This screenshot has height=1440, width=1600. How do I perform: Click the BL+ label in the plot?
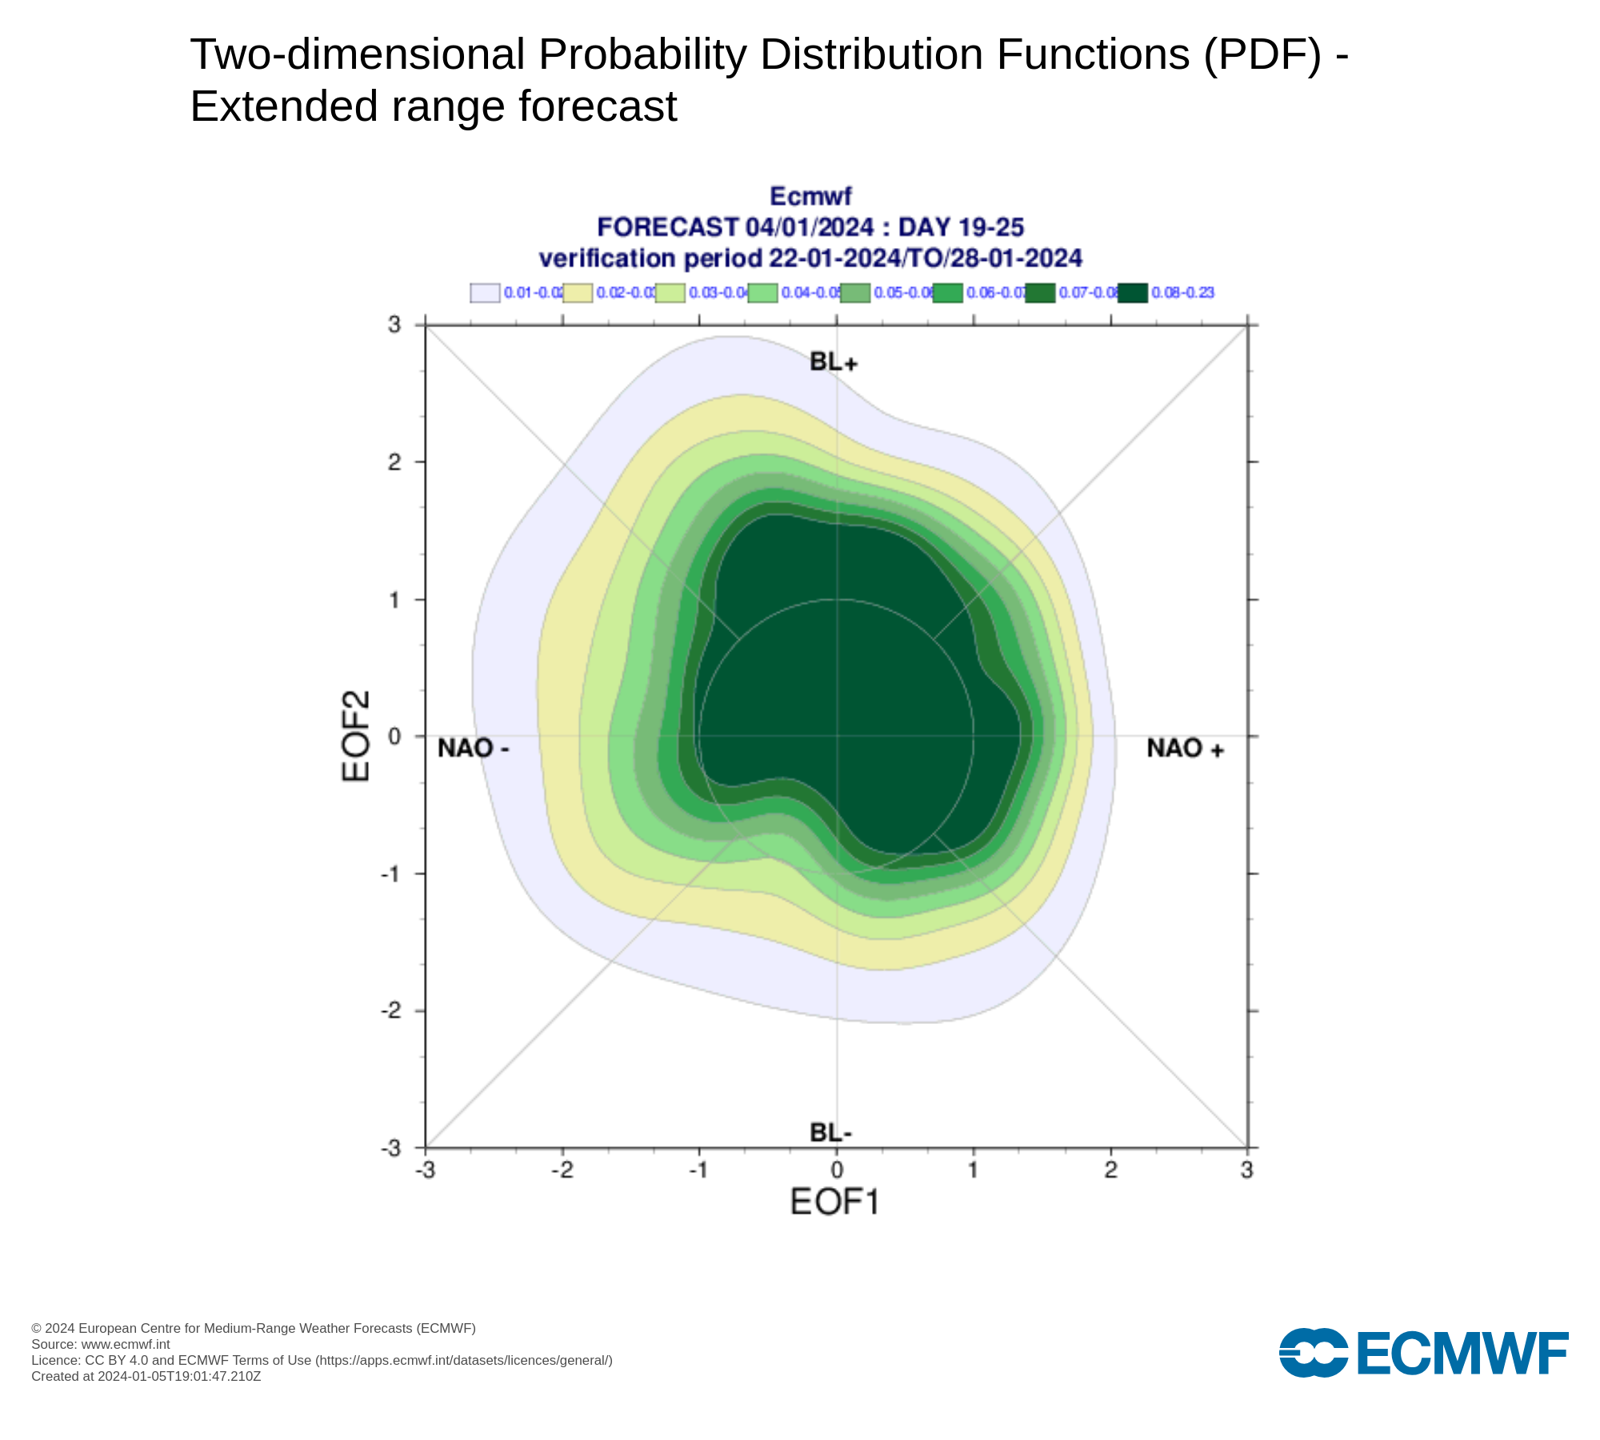tap(833, 362)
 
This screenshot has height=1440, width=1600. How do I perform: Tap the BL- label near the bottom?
tap(830, 1133)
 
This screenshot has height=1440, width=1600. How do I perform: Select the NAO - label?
tap(473, 748)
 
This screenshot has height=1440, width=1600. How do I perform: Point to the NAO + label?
tap(1185, 748)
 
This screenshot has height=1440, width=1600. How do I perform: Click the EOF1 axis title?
tap(834, 1202)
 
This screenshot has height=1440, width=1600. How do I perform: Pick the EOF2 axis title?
tap(356, 736)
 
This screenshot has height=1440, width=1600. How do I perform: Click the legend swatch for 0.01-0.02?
tap(485, 293)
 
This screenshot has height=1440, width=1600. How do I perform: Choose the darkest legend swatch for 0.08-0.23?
tap(1133, 293)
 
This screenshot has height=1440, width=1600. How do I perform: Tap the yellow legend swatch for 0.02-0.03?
tap(578, 293)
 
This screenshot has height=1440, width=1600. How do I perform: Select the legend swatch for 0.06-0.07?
tap(947, 293)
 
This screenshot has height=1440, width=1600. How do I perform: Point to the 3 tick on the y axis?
tap(394, 324)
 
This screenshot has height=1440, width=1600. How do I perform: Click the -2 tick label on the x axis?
tap(562, 1170)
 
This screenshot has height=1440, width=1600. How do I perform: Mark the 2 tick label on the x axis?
tap(1110, 1170)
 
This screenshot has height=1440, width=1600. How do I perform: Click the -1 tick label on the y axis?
tap(390, 874)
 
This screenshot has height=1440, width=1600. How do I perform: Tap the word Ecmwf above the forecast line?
tap(810, 196)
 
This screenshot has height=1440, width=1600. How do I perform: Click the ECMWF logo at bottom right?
tap(1423, 1353)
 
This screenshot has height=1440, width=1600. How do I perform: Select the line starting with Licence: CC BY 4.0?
tap(322, 1360)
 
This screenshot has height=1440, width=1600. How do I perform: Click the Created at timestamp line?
tap(146, 1376)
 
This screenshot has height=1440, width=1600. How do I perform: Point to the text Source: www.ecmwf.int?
tap(101, 1344)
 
